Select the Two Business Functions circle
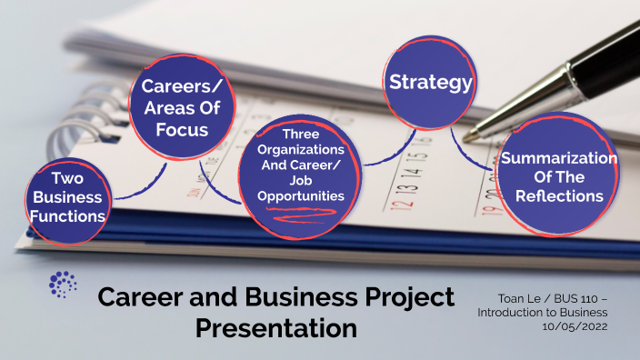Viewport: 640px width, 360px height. coord(68,197)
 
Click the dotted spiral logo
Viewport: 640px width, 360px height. coord(63,284)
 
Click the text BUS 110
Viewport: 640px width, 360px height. coord(574,298)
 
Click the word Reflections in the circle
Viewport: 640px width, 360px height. coord(559,195)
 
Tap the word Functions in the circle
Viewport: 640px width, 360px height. coord(68,216)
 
